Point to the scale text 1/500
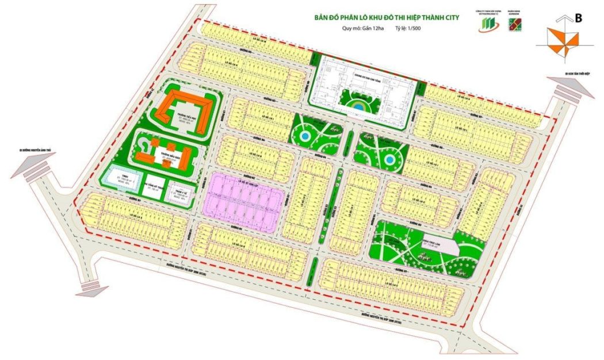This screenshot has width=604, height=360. [x=413, y=28]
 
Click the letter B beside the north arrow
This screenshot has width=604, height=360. [x=578, y=18]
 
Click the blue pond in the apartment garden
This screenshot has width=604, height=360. [x=358, y=107]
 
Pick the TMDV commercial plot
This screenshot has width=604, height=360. [x=121, y=177]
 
